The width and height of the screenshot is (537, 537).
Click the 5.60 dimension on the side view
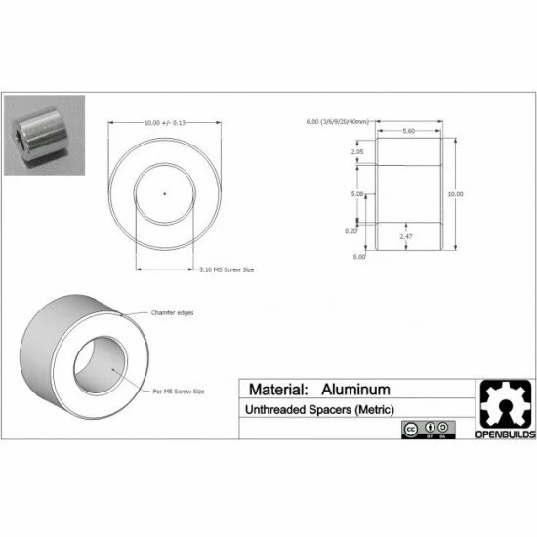pyautogui.click(x=408, y=130)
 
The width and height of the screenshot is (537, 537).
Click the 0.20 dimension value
pyautogui.click(x=351, y=230)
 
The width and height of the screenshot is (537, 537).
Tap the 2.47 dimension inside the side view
pyautogui.click(x=407, y=236)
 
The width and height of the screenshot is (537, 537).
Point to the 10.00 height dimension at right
pyautogui.click(x=455, y=194)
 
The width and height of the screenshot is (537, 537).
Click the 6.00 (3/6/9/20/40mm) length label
pyautogui.click(x=339, y=122)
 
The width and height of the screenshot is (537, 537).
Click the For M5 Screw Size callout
pyautogui.click(x=179, y=391)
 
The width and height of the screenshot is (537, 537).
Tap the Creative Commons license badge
pyautogui.click(x=428, y=430)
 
